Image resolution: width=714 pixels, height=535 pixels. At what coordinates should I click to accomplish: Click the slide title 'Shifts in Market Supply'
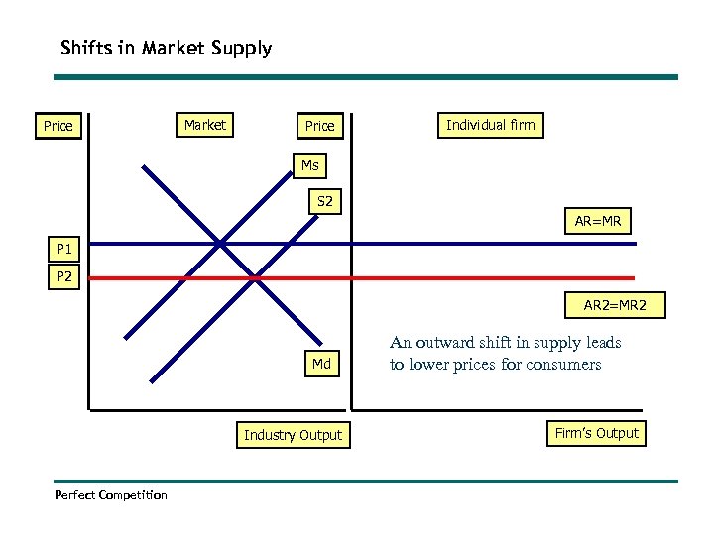pyautogui.click(x=166, y=48)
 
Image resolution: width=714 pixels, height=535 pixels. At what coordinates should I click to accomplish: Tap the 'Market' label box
pyautogui.click(x=205, y=125)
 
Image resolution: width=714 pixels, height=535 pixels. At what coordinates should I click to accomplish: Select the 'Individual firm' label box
pyautogui.click(x=490, y=125)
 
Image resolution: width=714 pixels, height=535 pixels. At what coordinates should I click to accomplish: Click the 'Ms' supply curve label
pyautogui.click(x=310, y=165)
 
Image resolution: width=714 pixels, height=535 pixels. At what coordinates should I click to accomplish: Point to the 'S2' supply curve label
pyautogui.click(x=324, y=202)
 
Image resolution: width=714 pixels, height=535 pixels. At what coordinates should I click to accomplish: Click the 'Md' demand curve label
pyautogui.click(x=321, y=364)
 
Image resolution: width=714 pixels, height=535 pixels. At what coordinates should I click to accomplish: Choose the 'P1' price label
pyautogui.click(x=64, y=249)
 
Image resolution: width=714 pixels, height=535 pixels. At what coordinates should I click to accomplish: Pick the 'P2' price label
pyautogui.click(x=64, y=277)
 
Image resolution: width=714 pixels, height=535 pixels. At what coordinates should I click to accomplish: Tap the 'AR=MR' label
pyautogui.click(x=597, y=222)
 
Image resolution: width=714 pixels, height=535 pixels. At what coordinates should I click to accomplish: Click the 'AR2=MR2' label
pyautogui.click(x=614, y=306)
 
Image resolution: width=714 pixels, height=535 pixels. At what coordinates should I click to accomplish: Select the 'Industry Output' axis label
pyautogui.click(x=293, y=435)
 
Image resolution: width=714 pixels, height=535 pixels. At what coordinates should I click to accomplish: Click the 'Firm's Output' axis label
pyautogui.click(x=597, y=433)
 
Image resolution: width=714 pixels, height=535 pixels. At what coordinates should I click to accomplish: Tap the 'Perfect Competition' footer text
pyautogui.click(x=111, y=494)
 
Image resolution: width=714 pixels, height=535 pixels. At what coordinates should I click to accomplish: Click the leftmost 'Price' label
pyautogui.click(x=58, y=126)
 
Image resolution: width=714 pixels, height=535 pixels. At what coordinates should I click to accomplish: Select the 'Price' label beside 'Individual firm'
pyautogui.click(x=319, y=126)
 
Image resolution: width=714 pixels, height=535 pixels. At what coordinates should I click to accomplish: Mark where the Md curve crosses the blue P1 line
pyautogui.click(x=220, y=242)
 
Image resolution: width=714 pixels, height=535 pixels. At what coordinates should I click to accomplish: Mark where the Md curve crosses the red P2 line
pyautogui.click(x=256, y=278)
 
